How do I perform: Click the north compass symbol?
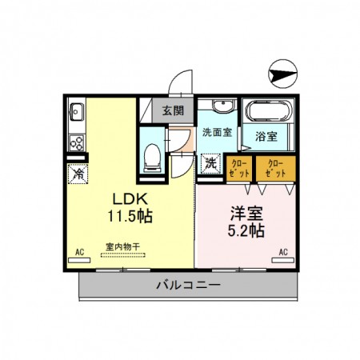pyautogui.click(x=282, y=74)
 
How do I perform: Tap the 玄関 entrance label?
pyautogui.click(x=174, y=110)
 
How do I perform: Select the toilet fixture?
pyautogui.click(x=152, y=158)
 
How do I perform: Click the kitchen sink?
pyautogui.click(x=77, y=112)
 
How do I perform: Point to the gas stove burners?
pyautogui.click(x=77, y=143)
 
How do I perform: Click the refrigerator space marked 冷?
pyautogui.click(x=78, y=174)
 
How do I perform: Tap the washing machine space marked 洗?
pyautogui.click(x=210, y=164)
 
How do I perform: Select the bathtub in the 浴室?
pyautogui.click(x=268, y=111)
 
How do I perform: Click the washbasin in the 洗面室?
pyautogui.click(x=223, y=106)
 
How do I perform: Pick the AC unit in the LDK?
pyautogui.click(x=79, y=260)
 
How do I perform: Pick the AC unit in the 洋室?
pyautogui.click(x=283, y=260)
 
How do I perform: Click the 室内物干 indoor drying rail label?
pyautogui.click(x=122, y=246)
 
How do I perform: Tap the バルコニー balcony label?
pyautogui.click(x=188, y=285)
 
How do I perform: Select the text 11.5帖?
pyautogui.click(x=130, y=216)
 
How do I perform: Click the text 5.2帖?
pyautogui.click(x=246, y=230)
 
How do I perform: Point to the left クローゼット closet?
pyautogui.click(x=239, y=169)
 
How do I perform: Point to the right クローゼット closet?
pyautogui.click(x=276, y=169)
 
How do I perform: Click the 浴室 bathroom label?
pyautogui.click(x=266, y=136)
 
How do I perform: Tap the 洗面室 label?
pyautogui.click(x=217, y=132)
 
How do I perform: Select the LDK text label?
pyautogui.click(x=130, y=199)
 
